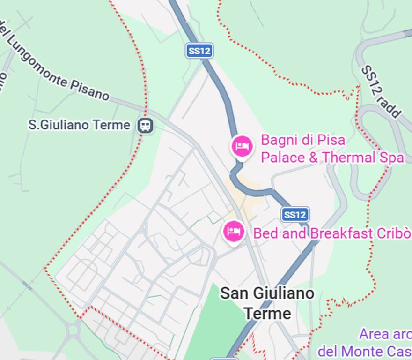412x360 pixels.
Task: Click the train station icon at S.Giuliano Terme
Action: [145, 125]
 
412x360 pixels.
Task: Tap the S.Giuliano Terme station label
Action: [79, 125]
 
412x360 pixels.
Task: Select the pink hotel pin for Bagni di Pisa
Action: [242, 146]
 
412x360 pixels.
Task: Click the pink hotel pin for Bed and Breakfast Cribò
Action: [234, 231]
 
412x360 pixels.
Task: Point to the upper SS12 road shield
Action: [199, 51]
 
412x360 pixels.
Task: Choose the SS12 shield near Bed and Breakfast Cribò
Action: [295, 215]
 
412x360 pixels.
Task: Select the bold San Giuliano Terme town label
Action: [267, 303]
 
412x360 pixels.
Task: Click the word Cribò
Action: [393, 233]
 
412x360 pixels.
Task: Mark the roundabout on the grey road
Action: [73, 331]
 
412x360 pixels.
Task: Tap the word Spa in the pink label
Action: [390, 157]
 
